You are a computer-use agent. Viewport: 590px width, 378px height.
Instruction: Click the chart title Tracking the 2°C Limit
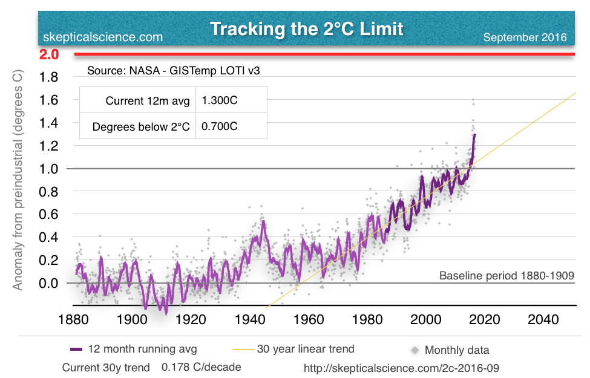[307, 28]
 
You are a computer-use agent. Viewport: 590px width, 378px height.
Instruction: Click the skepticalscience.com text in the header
[103, 37]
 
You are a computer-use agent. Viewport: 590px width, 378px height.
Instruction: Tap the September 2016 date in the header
[525, 37]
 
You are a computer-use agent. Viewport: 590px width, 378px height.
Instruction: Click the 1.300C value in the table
[220, 101]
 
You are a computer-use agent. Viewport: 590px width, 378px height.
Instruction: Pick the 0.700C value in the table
[220, 127]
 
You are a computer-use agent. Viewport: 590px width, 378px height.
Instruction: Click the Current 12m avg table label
[147, 101]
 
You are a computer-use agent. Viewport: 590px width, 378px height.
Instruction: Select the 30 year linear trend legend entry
[306, 349]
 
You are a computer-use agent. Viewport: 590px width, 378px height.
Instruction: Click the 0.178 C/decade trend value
[201, 367]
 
